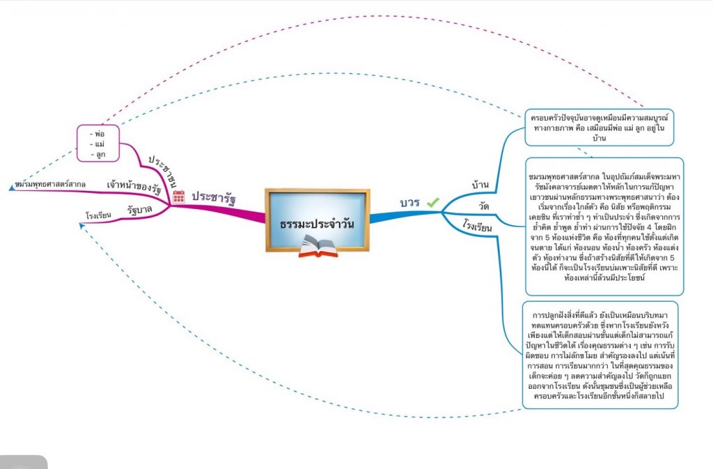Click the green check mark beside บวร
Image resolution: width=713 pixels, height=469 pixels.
[x=433, y=202]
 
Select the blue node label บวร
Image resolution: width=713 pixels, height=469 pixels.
[x=409, y=203]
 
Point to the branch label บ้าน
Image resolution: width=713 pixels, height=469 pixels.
[x=480, y=185]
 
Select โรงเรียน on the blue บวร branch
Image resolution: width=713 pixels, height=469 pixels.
[x=478, y=227]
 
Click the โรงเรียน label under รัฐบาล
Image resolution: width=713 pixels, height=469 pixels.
[x=98, y=216]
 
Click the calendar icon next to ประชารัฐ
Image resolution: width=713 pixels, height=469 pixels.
[x=178, y=197]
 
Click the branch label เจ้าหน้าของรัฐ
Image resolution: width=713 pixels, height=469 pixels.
[x=134, y=186]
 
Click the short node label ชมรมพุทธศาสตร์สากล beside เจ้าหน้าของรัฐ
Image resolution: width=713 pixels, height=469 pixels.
[x=50, y=185]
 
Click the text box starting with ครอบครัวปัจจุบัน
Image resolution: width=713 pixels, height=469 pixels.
[x=600, y=126]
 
